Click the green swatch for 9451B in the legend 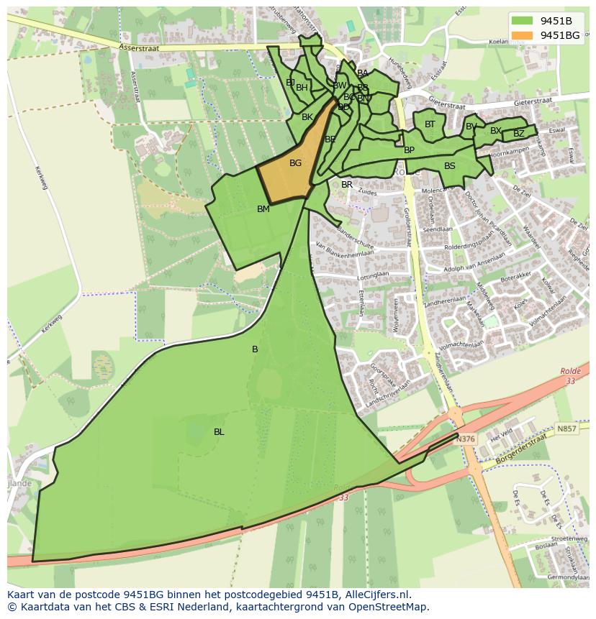523,21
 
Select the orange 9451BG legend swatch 523,35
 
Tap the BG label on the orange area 295,163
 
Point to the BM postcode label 263,209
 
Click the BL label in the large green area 219,432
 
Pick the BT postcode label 430,124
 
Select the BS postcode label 450,166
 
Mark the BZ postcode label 519,134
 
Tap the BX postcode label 496,131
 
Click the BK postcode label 307,117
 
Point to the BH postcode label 302,88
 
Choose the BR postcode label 347,185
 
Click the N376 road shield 466,439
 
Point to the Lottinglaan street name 372,275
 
